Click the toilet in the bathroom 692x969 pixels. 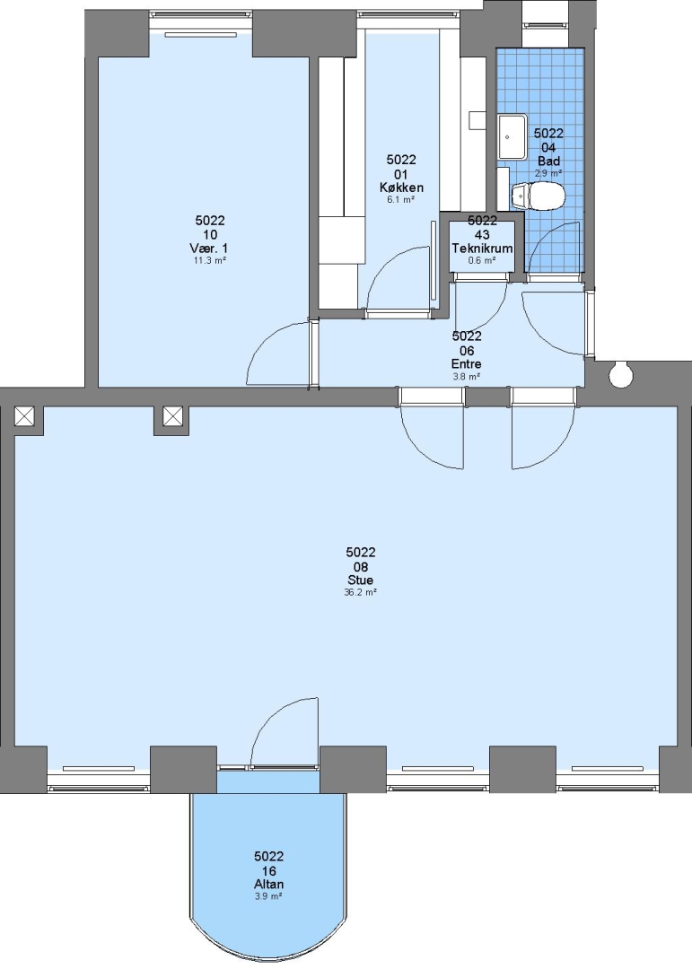point(539,196)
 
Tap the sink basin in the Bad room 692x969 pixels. point(512,136)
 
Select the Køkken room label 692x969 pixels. point(401,188)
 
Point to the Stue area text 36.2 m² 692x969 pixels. point(360,591)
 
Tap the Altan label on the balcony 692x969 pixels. point(268,885)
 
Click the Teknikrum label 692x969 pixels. point(482,249)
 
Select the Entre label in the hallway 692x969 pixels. point(467,364)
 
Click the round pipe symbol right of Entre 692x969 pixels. point(619,373)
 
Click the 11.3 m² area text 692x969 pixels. point(208,260)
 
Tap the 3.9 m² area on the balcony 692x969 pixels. point(268,895)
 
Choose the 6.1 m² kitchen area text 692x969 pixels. point(400,199)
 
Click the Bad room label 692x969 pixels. point(548,161)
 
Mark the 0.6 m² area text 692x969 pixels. point(482,260)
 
